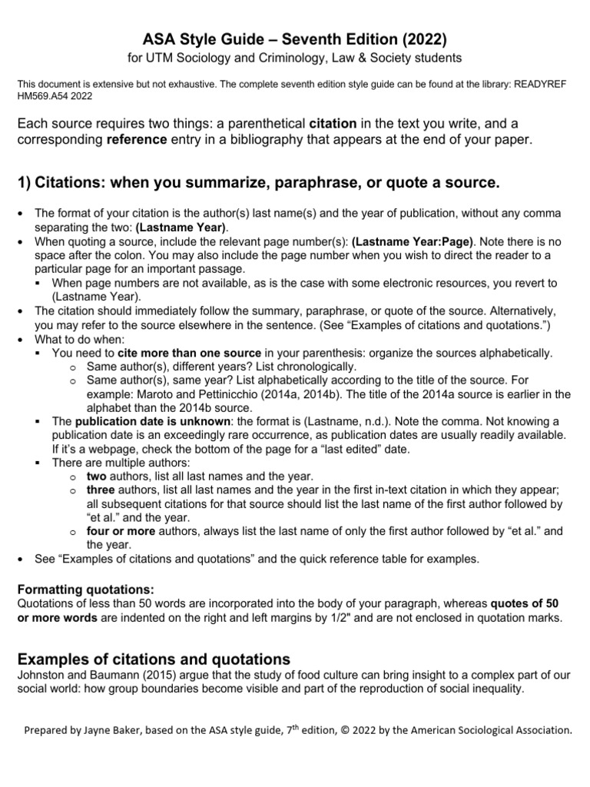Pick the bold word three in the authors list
(101, 490)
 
